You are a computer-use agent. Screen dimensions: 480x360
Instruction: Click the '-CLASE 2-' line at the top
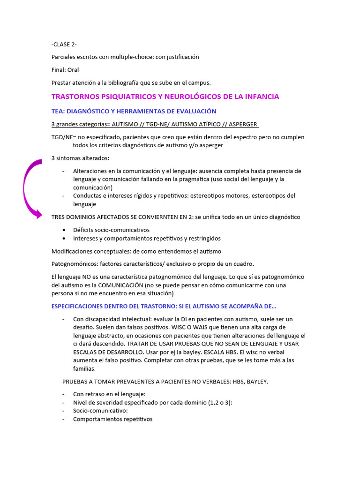tap(64, 45)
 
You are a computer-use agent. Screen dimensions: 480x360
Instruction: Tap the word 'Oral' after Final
tap(73, 70)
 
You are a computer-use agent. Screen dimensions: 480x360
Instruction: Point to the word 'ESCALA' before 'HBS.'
tap(223, 352)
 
